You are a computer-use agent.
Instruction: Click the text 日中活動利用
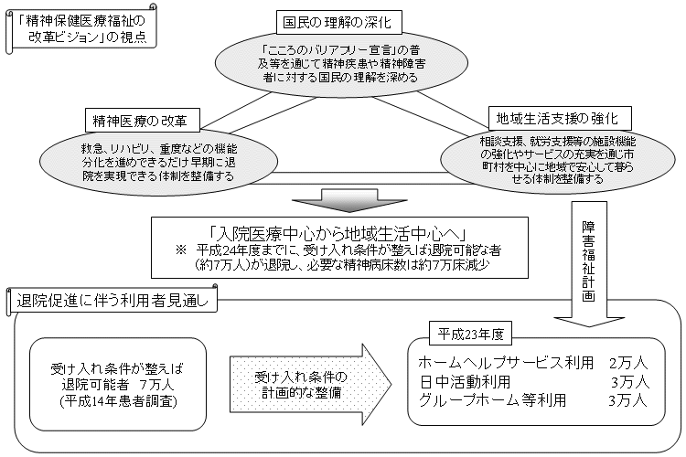(465, 380)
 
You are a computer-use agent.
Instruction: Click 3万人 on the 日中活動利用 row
(630, 380)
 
